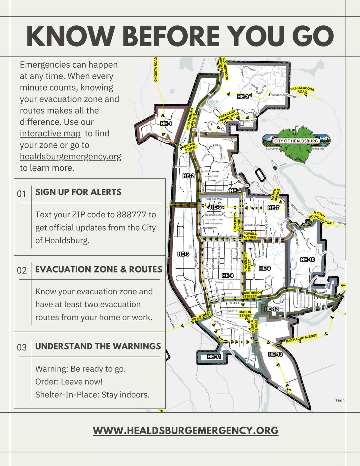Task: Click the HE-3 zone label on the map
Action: click(243, 97)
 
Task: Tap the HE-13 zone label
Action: click(275, 354)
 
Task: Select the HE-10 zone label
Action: click(307, 259)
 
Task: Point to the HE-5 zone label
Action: click(183, 254)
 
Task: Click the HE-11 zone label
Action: click(214, 356)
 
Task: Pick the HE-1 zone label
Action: click(166, 123)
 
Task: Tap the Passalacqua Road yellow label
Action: click(302, 90)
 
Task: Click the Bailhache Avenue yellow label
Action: click(302, 338)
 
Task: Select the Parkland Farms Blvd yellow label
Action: click(229, 115)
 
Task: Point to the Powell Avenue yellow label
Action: click(250, 235)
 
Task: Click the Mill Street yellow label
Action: click(201, 318)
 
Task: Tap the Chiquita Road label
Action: click(155, 70)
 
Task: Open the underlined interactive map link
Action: click(50, 133)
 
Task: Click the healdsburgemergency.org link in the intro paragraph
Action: click(70, 156)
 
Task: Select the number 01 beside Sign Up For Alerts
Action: click(22, 193)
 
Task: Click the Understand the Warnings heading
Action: click(98, 346)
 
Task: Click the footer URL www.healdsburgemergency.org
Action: click(185, 430)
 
